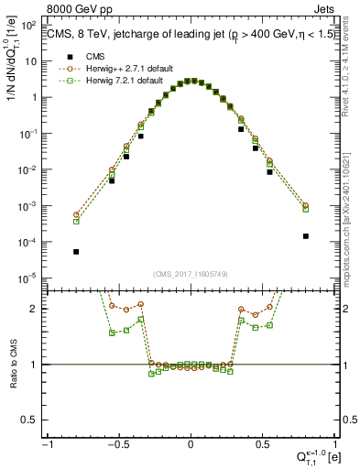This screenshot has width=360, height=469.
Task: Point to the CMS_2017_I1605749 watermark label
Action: [x=191, y=275]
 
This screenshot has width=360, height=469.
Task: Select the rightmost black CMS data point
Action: [x=305, y=236]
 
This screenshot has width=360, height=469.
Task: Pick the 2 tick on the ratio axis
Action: [x=37, y=309]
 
